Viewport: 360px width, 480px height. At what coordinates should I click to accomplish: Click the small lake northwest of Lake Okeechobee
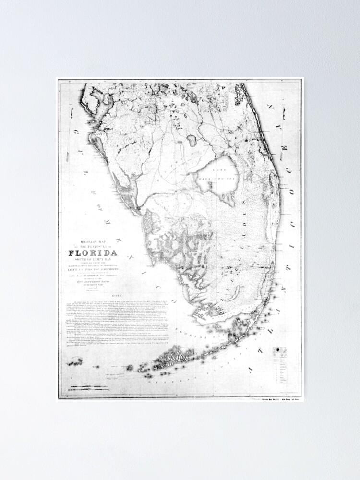coord(191,141)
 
